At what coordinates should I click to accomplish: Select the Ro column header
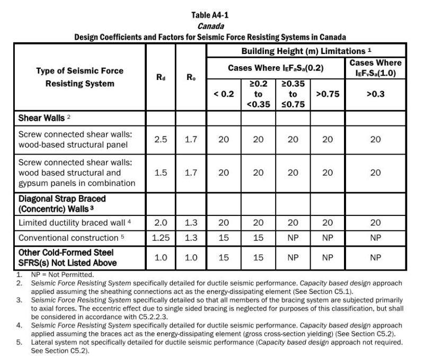coord(191,77)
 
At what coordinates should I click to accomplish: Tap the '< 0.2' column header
coord(224,94)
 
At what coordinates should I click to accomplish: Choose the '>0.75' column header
coord(328,94)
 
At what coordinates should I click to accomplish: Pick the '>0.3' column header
coord(376,94)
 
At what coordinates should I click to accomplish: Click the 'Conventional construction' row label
coord(67,238)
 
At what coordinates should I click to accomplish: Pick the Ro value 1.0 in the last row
coord(191,257)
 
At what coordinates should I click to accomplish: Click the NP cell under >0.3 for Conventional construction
coord(376,238)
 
